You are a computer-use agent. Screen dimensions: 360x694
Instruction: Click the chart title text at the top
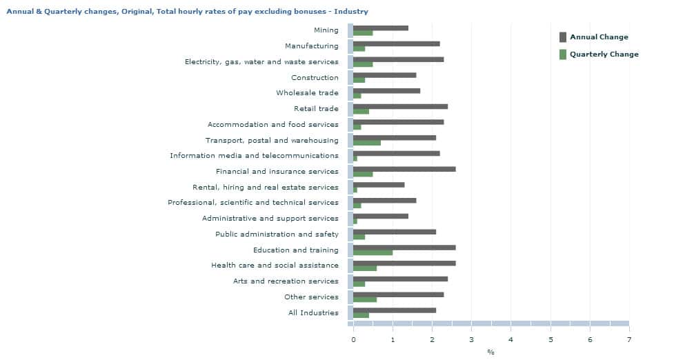click(187, 12)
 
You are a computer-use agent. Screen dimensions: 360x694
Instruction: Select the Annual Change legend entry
click(598, 37)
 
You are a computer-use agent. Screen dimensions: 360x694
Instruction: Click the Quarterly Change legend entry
click(603, 54)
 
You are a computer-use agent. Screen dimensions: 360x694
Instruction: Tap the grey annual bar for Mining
click(380, 28)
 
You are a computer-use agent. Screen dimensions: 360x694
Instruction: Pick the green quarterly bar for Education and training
click(373, 252)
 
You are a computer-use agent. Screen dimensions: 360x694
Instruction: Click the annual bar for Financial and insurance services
click(404, 168)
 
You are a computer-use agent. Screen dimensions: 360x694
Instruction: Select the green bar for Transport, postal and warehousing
click(366, 143)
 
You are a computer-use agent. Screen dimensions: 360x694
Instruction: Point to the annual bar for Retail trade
click(400, 106)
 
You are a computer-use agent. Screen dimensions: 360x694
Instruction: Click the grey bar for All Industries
click(394, 310)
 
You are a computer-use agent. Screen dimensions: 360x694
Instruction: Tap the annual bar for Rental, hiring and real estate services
click(378, 184)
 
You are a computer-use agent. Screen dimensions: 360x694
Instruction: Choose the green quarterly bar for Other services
click(364, 299)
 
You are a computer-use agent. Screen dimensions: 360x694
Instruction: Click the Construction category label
click(315, 78)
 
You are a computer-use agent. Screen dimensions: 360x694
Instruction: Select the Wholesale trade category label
click(307, 93)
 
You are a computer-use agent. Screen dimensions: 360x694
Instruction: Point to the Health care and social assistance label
click(275, 266)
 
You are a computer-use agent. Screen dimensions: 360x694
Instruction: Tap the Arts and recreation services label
click(286, 281)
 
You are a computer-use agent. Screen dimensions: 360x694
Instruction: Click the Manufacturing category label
click(311, 46)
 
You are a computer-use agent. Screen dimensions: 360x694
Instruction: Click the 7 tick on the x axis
click(628, 339)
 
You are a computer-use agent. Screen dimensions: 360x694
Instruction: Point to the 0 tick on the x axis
click(353, 339)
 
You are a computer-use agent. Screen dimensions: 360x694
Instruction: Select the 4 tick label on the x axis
click(510, 339)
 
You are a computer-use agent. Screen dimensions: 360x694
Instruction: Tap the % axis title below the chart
click(490, 352)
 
